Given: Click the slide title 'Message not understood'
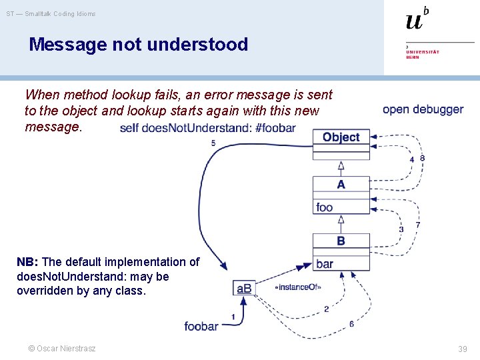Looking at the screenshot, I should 138,45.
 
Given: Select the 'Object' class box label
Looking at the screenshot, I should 341,137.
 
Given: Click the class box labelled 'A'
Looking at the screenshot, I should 341,185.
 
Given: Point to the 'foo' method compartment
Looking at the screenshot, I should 325,207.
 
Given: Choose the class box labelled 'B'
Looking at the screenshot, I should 341,241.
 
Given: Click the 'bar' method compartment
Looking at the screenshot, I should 325,264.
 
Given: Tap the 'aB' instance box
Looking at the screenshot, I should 244,288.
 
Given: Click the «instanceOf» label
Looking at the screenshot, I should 297,287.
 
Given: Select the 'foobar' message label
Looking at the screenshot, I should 201,326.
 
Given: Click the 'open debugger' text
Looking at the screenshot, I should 423,109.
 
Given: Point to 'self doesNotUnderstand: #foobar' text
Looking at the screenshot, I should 207,128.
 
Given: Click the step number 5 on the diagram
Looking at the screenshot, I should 213,143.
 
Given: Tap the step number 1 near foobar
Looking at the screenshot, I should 233,316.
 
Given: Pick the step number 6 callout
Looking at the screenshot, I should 351,324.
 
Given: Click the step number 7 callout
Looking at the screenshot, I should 418,225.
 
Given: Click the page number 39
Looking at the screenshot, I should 463,349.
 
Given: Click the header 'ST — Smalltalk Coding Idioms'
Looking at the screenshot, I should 51,13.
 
